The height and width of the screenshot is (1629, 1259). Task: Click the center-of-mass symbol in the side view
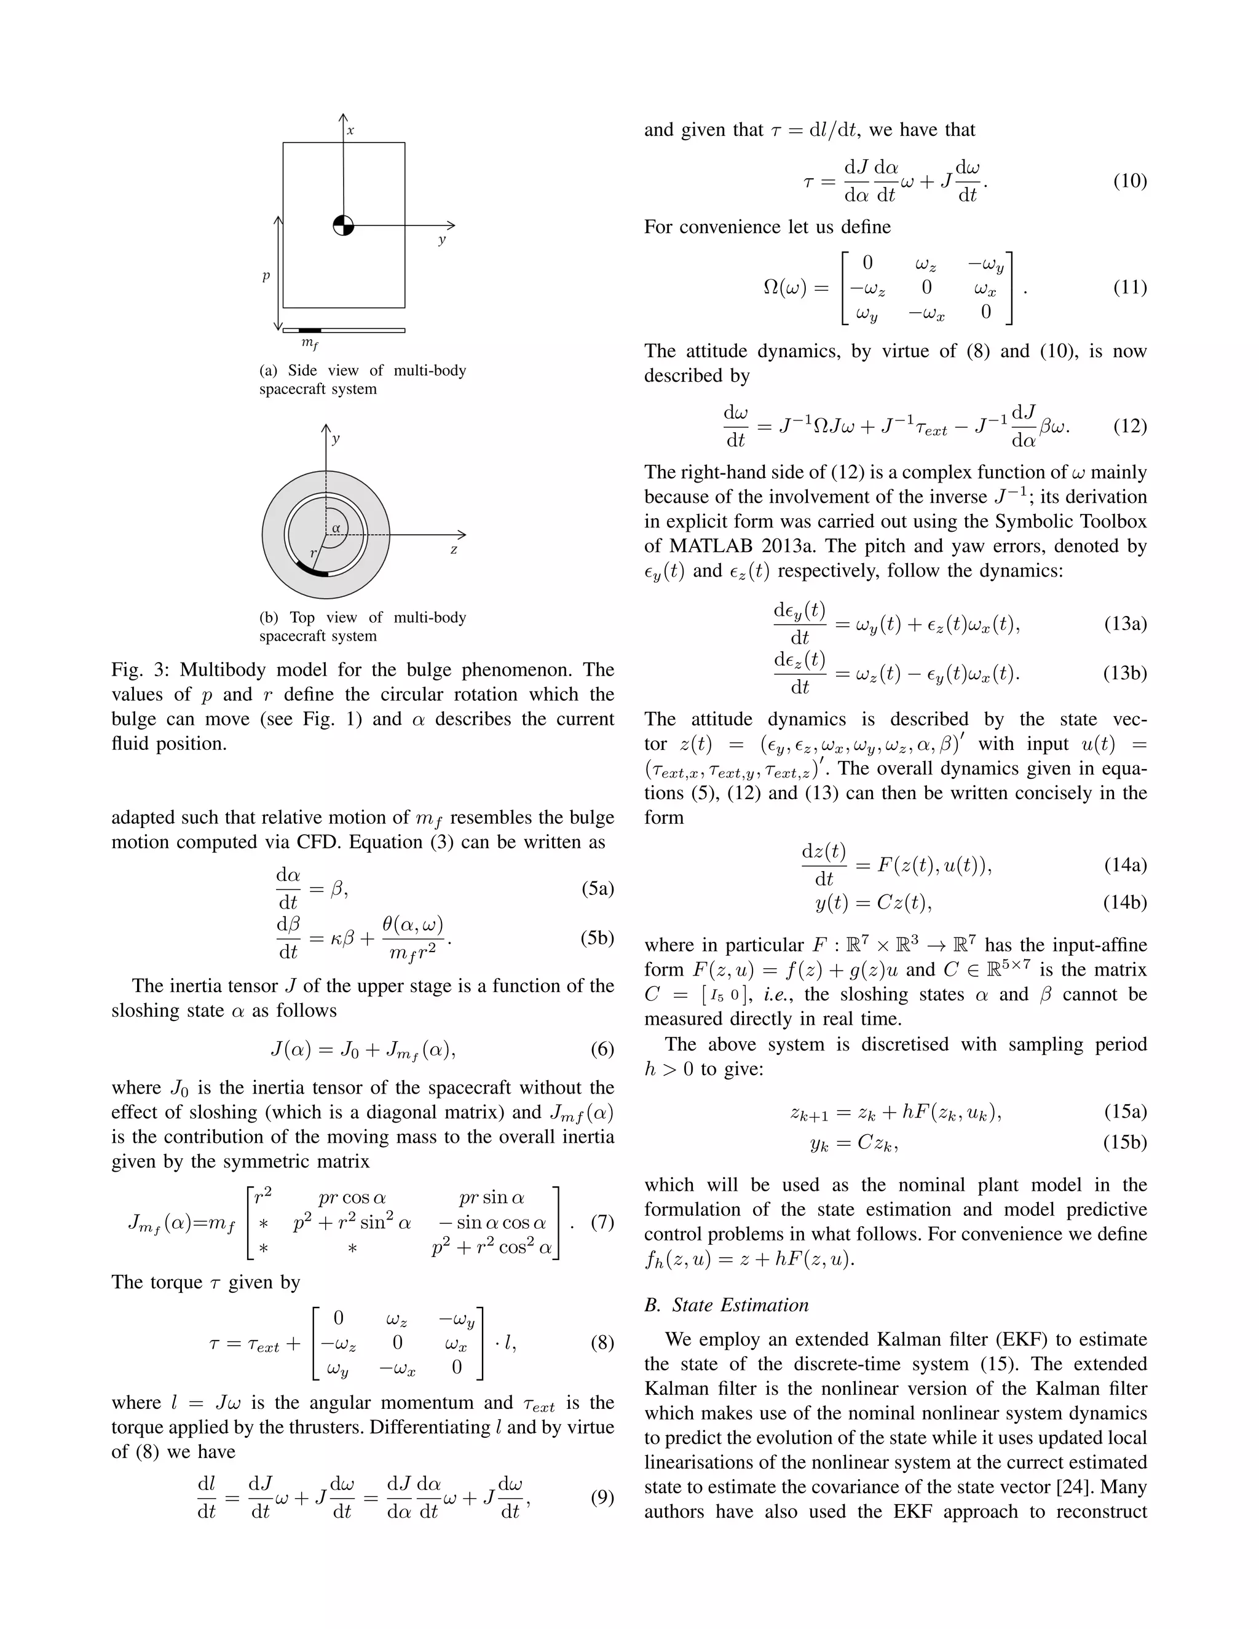coord(343,224)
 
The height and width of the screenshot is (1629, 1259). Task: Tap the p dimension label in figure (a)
coord(266,276)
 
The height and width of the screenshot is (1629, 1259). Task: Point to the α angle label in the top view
coord(336,527)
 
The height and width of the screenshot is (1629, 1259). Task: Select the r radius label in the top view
coord(314,553)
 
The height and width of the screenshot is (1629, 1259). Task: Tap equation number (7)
coord(602,1222)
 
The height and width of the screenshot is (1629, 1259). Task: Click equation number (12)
coord(1129,426)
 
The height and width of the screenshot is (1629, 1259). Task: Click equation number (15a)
coord(1125,1111)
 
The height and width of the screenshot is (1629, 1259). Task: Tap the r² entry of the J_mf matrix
coord(262,1196)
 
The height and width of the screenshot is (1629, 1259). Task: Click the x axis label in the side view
coord(350,130)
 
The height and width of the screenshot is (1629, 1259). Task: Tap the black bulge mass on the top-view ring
coord(312,570)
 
